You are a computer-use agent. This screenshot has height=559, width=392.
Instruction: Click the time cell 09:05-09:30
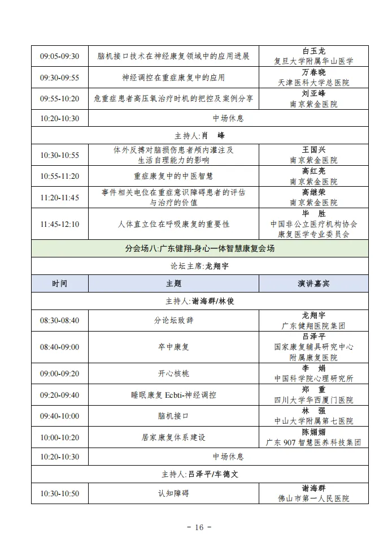(x=59, y=56)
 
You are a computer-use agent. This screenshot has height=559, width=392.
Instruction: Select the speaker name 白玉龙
(x=313, y=51)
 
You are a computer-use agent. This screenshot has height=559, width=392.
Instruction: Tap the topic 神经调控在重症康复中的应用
(x=173, y=78)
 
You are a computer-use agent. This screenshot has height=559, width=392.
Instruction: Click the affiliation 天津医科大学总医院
(x=313, y=83)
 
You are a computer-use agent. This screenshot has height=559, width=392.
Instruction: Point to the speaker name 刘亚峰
(x=313, y=93)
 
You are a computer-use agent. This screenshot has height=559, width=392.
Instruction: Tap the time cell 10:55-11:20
(x=59, y=176)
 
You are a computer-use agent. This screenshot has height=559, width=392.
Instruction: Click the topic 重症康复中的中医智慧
(x=173, y=176)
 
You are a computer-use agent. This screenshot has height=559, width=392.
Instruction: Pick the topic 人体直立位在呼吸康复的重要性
(x=173, y=224)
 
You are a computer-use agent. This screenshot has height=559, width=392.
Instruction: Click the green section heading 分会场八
(x=199, y=248)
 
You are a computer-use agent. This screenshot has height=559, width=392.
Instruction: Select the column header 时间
(x=59, y=283)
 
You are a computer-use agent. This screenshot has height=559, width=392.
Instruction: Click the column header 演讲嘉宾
(x=313, y=283)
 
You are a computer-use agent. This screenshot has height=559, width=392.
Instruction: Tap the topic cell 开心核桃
(x=173, y=373)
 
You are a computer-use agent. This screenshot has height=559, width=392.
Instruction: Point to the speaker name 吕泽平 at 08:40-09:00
(x=313, y=336)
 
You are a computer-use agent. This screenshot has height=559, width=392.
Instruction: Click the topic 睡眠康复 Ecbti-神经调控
(x=173, y=395)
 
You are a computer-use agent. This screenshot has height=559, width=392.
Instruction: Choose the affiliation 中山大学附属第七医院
(x=313, y=421)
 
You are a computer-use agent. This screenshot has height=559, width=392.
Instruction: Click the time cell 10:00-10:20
(x=59, y=437)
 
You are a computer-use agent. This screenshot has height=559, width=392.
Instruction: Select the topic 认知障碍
(x=173, y=493)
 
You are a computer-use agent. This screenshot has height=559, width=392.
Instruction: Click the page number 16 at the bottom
(x=198, y=527)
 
